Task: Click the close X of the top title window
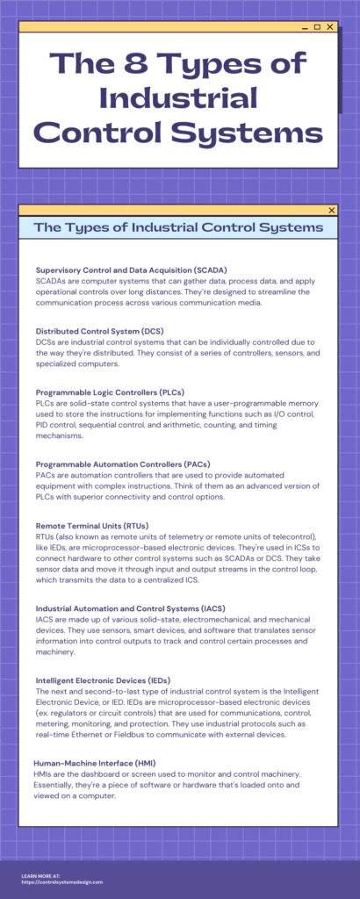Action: (x=330, y=27)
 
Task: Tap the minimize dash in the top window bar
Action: (x=304, y=27)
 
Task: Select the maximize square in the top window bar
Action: (x=317, y=27)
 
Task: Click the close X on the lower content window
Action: (x=331, y=210)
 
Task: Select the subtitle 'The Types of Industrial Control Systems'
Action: (x=178, y=227)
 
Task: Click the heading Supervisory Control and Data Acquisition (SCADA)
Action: (x=131, y=269)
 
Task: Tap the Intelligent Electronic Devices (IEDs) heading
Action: (x=103, y=680)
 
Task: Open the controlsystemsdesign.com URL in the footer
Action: (x=62, y=881)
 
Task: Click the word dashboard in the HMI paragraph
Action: (x=103, y=773)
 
